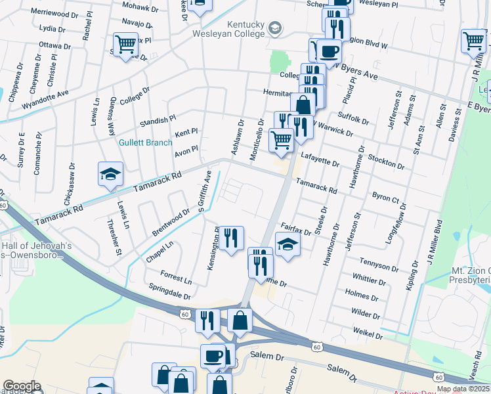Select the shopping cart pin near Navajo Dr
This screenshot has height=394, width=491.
125,44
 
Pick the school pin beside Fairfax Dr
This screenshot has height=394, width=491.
288,246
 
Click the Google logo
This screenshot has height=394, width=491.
22,386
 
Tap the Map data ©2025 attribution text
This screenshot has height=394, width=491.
463,389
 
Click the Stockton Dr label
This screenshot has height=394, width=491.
386,160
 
